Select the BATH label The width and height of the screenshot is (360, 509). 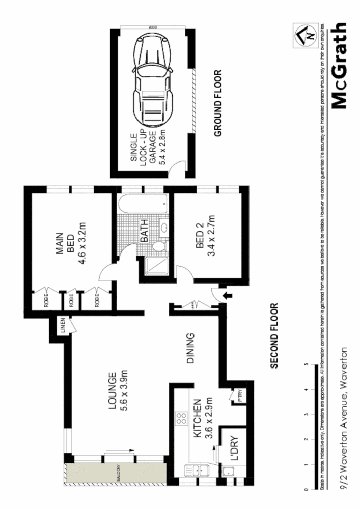(144, 230)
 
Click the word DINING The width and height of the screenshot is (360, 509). (190, 349)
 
